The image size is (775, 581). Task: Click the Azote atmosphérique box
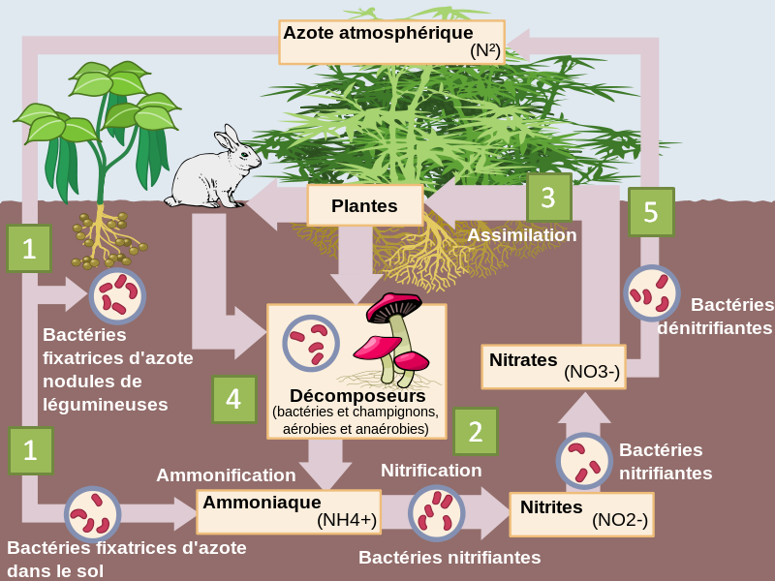point(391,42)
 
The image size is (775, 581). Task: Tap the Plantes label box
point(365,205)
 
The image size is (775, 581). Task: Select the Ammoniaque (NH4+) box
point(289,511)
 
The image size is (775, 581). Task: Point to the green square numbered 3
point(548,198)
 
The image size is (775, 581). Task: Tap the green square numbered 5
point(651,212)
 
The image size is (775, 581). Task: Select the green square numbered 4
point(233,398)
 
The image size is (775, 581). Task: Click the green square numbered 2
point(475,431)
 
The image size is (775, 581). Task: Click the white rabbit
point(208,172)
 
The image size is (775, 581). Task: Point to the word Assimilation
point(522,235)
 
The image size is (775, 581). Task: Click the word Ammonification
point(226,475)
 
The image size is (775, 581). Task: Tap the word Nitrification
point(431,471)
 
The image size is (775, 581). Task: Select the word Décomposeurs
point(357,396)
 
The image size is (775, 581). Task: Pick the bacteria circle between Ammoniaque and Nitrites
point(437,512)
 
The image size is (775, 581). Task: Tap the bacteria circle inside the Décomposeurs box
point(311,343)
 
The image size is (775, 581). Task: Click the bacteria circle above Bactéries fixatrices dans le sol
point(93,514)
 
